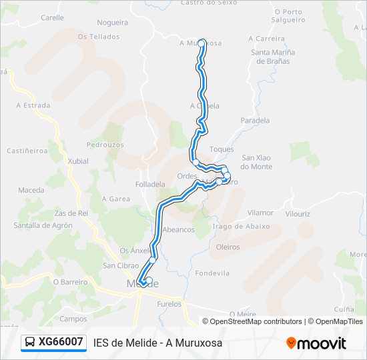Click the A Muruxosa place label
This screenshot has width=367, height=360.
[200, 43]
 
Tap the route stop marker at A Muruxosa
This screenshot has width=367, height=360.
[202, 43]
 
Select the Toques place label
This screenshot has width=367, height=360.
[222, 149]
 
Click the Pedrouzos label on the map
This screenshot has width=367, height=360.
[105, 144]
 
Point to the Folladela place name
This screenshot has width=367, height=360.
[150, 184]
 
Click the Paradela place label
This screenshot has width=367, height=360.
[255, 121]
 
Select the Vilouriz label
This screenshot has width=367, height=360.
[298, 213]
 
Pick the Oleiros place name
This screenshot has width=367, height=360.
[228, 246]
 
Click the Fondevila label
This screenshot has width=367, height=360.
[213, 273]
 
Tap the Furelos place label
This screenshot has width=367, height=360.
[169, 304]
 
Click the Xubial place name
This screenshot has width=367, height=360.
[78, 161]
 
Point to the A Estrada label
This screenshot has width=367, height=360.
[33, 105]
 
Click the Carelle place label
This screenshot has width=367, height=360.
[52, 18]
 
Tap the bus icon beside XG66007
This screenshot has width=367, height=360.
[31, 342]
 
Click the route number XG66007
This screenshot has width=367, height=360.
[61, 342]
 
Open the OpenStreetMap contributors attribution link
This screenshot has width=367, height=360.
[256, 321]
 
